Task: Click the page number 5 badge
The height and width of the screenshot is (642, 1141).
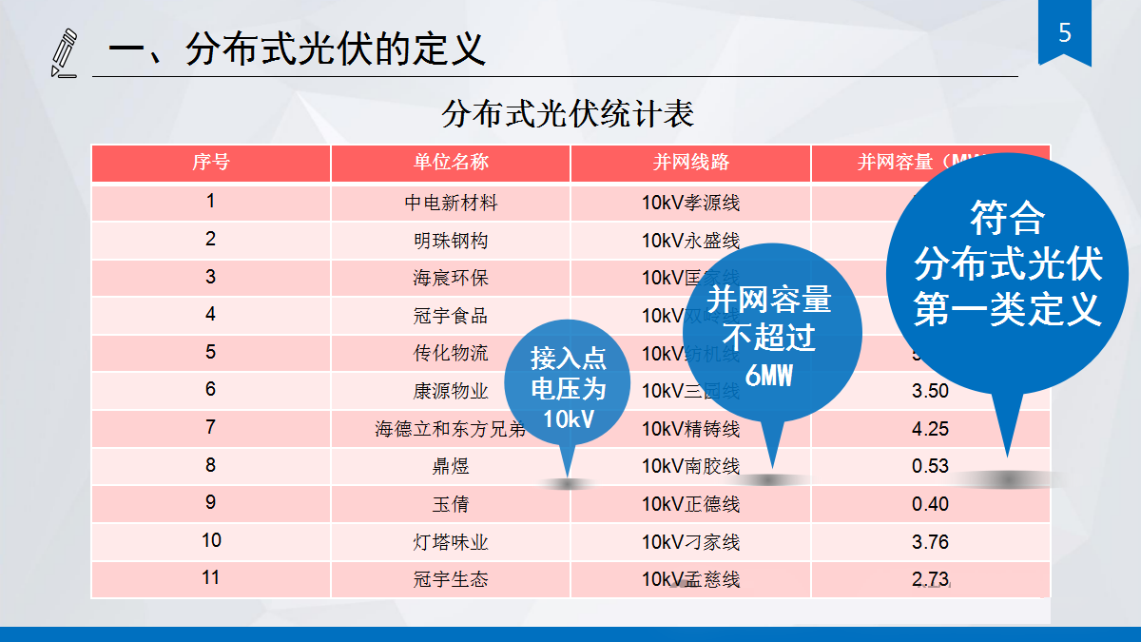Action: [x=1064, y=34]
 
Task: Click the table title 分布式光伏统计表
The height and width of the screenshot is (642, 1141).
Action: [x=568, y=114]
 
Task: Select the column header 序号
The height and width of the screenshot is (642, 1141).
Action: [x=210, y=162]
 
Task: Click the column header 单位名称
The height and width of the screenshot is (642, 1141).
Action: [x=451, y=162]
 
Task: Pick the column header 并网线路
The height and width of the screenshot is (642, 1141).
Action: [x=690, y=162]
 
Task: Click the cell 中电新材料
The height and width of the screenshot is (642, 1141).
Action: [x=451, y=203]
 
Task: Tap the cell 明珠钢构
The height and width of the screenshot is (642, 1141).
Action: [x=451, y=241]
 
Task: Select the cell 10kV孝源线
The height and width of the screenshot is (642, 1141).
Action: [x=690, y=203]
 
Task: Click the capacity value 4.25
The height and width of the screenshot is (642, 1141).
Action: [x=930, y=428]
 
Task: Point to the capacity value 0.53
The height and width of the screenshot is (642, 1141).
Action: [x=930, y=466]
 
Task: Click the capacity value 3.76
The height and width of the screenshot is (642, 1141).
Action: [x=930, y=542]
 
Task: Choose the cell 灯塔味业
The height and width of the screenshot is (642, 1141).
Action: [x=451, y=542]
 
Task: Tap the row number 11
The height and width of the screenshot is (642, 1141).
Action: [x=210, y=578]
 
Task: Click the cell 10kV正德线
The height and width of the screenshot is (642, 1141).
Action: [x=690, y=504]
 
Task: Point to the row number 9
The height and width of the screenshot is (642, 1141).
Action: [x=210, y=503]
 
